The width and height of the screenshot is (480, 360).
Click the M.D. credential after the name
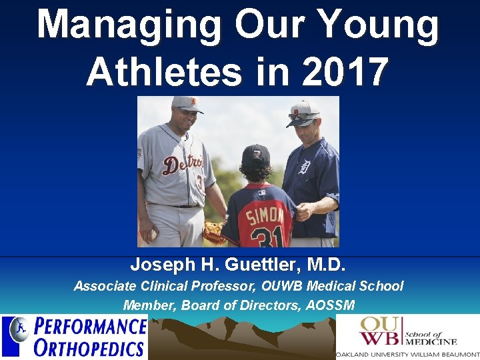pos(326,265)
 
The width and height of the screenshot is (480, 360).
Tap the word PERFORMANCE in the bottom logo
pos(90,327)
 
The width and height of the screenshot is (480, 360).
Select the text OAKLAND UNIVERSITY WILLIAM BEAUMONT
pos(407,354)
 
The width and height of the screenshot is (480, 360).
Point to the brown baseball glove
pos(214,233)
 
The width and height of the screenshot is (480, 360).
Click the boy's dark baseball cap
pos(255,155)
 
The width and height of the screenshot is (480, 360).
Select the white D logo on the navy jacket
pos(305,166)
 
